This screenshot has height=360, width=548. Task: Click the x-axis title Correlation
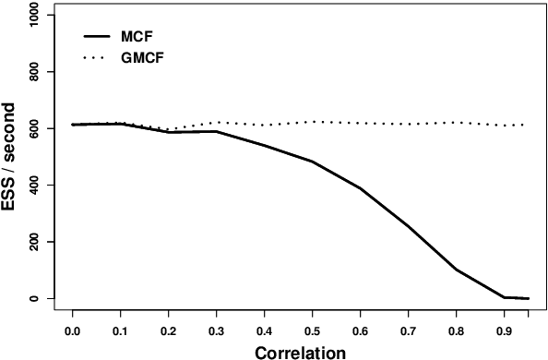tap(300, 351)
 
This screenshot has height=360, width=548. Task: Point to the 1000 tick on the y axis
tap(36, 16)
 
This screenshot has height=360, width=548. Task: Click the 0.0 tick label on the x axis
tap(72, 329)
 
